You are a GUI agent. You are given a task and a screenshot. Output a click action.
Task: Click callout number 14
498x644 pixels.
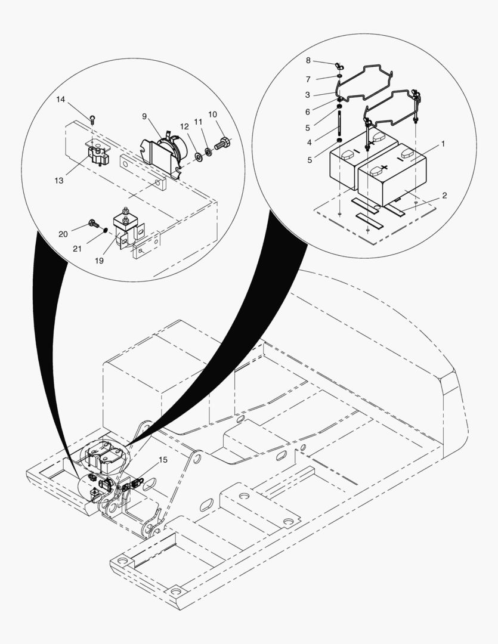(60, 99)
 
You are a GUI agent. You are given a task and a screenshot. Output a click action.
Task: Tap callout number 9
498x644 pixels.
(144, 116)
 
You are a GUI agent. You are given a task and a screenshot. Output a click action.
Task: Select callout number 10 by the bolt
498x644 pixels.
(212, 114)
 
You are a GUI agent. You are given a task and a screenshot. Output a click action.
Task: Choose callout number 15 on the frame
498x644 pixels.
(163, 460)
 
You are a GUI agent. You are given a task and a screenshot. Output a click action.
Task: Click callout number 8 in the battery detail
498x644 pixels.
(308, 60)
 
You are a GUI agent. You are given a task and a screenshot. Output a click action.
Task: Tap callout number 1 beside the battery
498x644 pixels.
(443, 144)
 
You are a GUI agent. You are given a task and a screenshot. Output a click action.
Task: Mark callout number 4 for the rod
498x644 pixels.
(308, 142)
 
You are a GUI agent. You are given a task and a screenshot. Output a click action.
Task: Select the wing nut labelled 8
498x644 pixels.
(338, 66)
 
